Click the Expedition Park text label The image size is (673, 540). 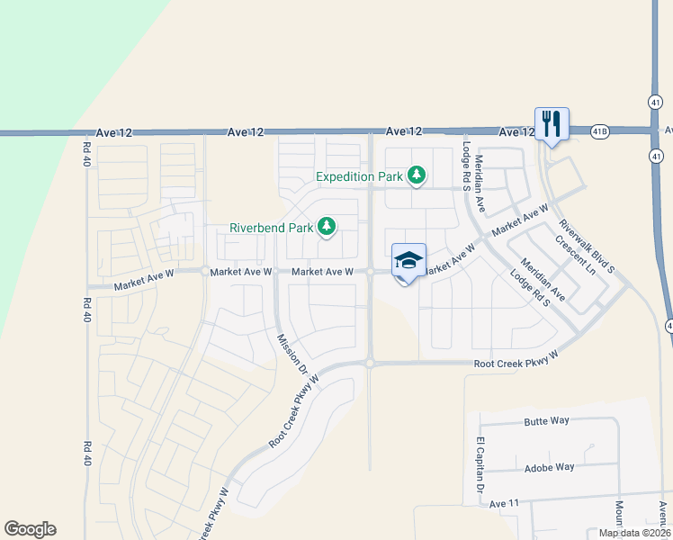coord(359,176)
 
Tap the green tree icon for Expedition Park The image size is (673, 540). coord(416,175)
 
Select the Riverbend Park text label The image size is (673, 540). coord(271,228)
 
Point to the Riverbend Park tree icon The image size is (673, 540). coord(328,227)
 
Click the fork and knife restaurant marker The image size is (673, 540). coord(550,124)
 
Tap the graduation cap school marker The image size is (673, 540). coord(408,261)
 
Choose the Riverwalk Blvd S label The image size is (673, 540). coord(586,246)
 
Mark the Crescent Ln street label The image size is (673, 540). coord(576,256)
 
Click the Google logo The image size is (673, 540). coord(30,529)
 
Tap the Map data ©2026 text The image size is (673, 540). coord(633,533)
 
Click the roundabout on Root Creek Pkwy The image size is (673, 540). coord(370,364)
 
